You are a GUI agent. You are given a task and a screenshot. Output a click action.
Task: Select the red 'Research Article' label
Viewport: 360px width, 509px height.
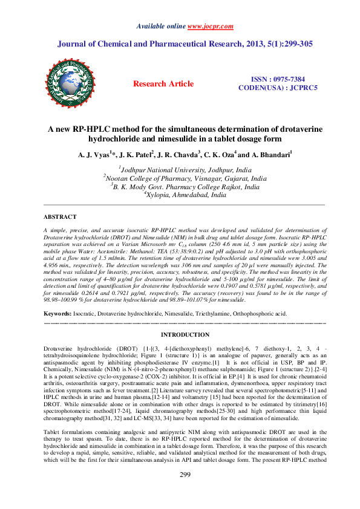(x=163, y=84)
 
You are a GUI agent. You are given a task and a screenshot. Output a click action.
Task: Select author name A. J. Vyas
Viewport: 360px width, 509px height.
(x=94, y=155)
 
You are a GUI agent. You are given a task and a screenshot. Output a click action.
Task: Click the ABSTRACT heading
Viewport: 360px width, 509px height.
(x=60, y=216)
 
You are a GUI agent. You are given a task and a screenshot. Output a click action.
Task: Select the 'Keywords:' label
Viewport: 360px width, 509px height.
(x=60, y=314)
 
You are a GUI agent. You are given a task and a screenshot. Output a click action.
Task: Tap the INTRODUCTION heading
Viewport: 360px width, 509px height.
(x=185, y=334)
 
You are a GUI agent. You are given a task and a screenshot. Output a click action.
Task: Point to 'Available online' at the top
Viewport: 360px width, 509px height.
(x=162, y=27)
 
